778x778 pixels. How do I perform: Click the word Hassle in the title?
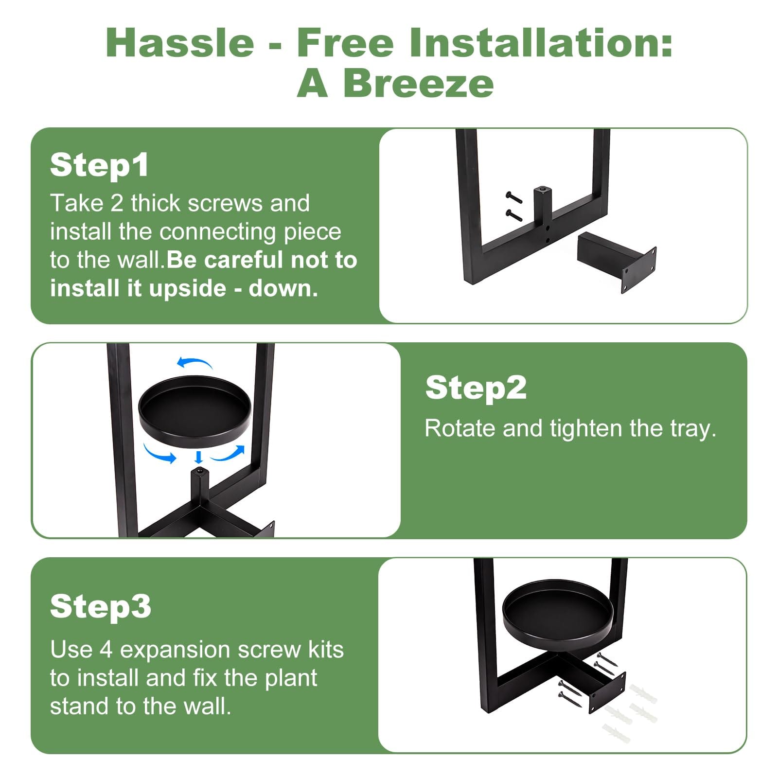coord(180,43)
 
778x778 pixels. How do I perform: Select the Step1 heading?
coord(99,165)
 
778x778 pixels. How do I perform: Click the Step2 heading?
coord(476,388)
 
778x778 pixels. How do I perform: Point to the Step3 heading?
coord(101,606)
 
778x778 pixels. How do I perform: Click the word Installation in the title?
coord(541,43)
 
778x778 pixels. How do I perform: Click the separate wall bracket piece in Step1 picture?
coord(616,261)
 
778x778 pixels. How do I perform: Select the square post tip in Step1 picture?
coord(542,190)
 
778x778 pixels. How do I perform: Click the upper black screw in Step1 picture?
coord(513,196)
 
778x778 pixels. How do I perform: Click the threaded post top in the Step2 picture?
coord(199,471)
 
